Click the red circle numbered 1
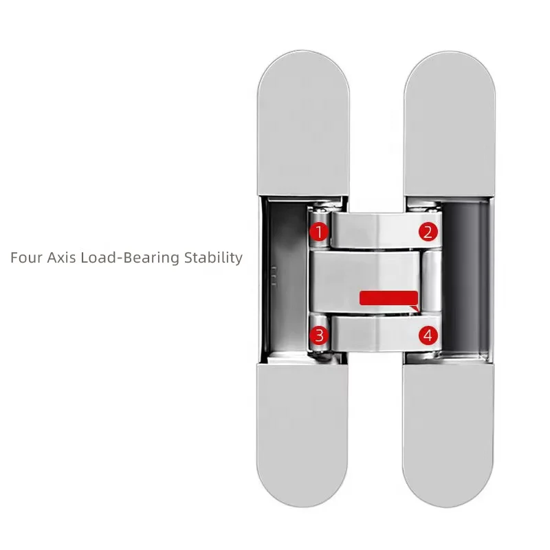click(x=318, y=232)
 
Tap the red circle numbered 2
click(x=428, y=232)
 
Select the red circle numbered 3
click(x=318, y=335)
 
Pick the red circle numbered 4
click(x=428, y=335)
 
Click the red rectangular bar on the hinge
click(x=389, y=298)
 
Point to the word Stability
click(x=214, y=258)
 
